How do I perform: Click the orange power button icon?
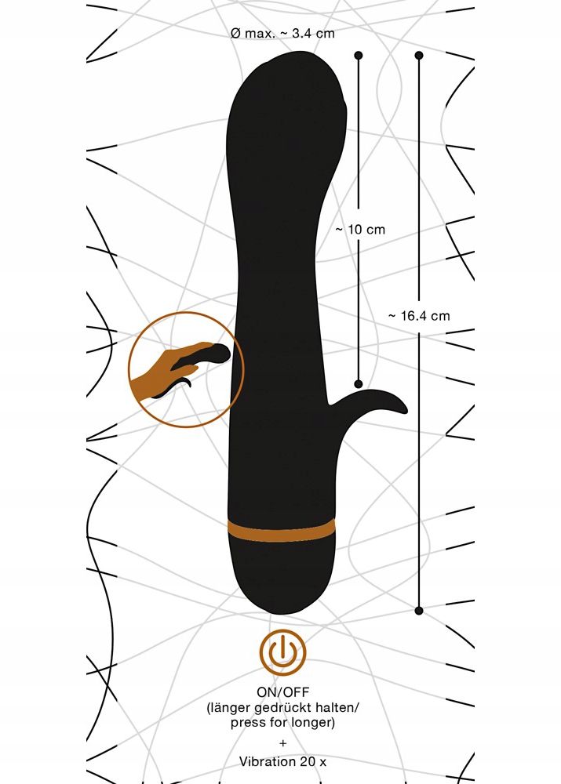pos(282,652)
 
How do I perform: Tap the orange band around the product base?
pos(281,531)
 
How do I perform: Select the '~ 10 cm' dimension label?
pos(360,230)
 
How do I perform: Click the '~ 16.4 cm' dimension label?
pos(419,316)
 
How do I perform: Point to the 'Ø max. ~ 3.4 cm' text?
pos(282,34)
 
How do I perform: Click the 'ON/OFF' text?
pos(282,692)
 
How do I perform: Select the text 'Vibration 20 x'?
pos(282,761)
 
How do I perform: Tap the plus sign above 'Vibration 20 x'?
pos(283,743)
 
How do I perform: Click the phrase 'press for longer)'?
pos(282,723)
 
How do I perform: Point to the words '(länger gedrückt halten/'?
pos(282,707)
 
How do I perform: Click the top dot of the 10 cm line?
pos(359,55)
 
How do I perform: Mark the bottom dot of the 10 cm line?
pos(359,384)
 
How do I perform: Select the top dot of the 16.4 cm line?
pos(419,55)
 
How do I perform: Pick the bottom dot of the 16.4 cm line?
pos(419,611)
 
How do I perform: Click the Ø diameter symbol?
pos(235,34)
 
